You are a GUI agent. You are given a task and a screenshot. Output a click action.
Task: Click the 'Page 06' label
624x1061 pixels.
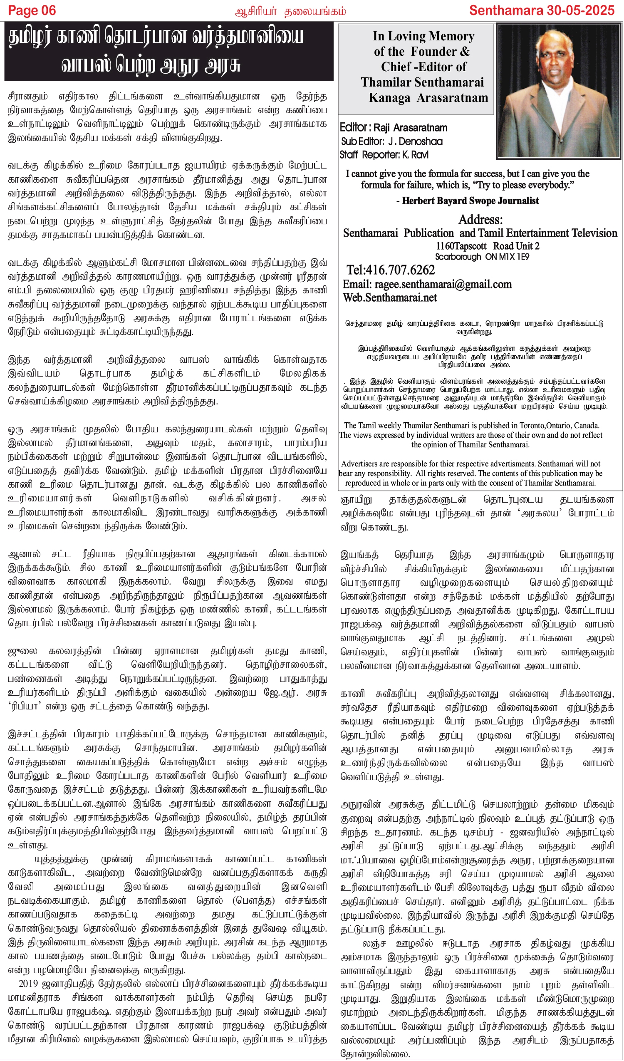click(x=32, y=10)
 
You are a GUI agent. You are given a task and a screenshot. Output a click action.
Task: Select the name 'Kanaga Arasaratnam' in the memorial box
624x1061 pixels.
click(x=428, y=98)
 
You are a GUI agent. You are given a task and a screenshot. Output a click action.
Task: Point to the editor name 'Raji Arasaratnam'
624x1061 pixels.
click(x=411, y=128)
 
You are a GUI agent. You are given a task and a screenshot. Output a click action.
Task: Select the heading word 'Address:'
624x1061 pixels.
click(x=480, y=220)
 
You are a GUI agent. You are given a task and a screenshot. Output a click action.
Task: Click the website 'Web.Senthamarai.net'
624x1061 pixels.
click(x=389, y=297)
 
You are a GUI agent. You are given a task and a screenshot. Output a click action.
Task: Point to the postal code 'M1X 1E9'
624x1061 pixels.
click(x=508, y=257)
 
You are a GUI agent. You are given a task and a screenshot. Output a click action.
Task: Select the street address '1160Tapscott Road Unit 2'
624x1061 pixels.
click(x=487, y=246)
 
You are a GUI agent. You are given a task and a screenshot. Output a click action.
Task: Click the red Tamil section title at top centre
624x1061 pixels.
click(x=290, y=11)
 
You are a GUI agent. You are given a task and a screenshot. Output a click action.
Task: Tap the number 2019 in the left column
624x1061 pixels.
click(x=29, y=984)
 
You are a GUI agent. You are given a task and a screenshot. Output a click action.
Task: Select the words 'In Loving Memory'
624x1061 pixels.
click(x=423, y=37)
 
